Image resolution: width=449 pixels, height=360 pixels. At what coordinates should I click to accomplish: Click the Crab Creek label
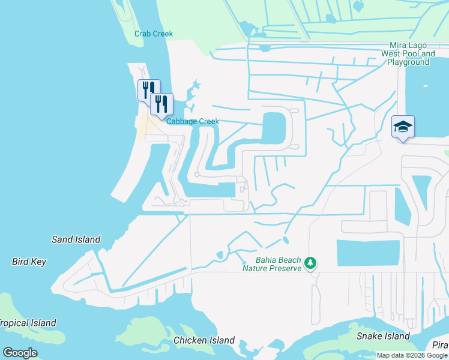tap(154, 34)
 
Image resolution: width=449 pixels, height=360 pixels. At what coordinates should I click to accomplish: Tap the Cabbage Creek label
tap(193, 121)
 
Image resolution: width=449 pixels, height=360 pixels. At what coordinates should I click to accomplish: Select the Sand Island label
tap(76, 239)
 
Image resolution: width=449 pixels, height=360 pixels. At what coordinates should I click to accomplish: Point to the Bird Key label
tap(29, 262)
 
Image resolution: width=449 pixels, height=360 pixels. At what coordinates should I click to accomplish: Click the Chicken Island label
tap(204, 340)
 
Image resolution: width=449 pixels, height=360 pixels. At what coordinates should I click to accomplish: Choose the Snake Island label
tap(383, 336)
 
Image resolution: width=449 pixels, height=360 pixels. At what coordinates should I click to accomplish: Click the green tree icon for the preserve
tap(310, 263)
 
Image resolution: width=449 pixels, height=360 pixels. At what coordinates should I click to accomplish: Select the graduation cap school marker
tap(403, 127)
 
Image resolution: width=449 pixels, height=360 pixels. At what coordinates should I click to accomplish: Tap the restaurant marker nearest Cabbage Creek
tap(161, 104)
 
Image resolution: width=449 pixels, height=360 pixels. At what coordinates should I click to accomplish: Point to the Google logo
tap(20, 353)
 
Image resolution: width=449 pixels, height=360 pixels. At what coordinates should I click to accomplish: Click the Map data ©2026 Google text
tap(412, 355)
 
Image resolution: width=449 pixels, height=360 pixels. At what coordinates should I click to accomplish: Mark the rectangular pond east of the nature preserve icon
tap(368, 253)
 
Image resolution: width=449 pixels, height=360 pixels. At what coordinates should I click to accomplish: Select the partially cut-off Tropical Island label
tap(28, 323)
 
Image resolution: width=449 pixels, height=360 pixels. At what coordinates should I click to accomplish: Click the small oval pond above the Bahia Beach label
tap(285, 241)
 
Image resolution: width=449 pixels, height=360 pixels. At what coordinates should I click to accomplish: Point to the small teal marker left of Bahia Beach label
tap(244, 262)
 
